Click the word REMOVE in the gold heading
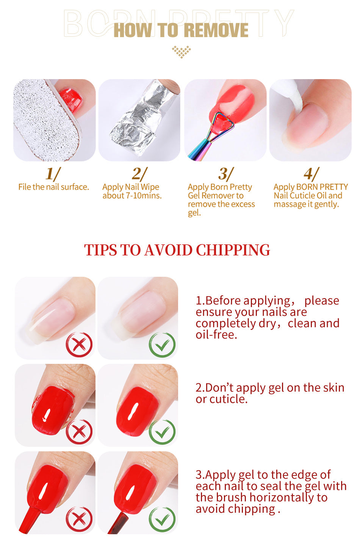[216, 30]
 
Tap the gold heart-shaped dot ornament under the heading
[181, 52]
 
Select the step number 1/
[53, 174]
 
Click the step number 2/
[139, 174]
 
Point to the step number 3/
[226, 174]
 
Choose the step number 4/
[311, 174]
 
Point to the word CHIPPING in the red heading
[233, 250]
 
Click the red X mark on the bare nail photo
[79, 344]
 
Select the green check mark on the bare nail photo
[162, 344]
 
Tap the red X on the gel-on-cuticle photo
[79, 431]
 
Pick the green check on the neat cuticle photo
[162, 431]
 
